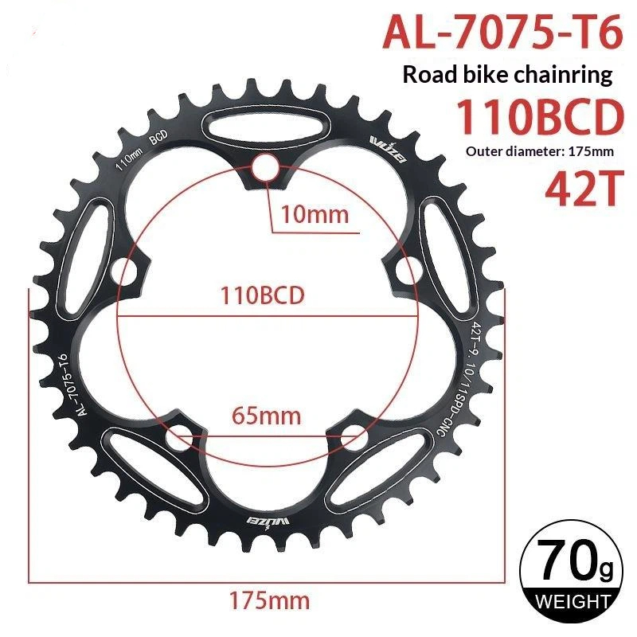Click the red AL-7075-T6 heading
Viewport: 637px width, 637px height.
502,32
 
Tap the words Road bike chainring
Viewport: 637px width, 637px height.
507,76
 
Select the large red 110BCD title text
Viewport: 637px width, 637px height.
540,117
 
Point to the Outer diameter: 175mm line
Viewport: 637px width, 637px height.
540,151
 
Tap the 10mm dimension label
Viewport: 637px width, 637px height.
315,214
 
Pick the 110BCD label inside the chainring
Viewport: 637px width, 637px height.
262,295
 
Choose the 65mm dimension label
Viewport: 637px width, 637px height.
266,416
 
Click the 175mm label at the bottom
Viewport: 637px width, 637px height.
269,600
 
